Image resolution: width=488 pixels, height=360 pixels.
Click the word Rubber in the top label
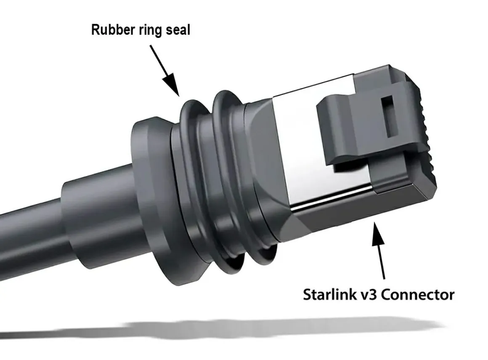pyautogui.click(x=113, y=30)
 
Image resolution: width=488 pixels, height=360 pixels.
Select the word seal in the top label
pyautogui.click(x=178, y=30)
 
